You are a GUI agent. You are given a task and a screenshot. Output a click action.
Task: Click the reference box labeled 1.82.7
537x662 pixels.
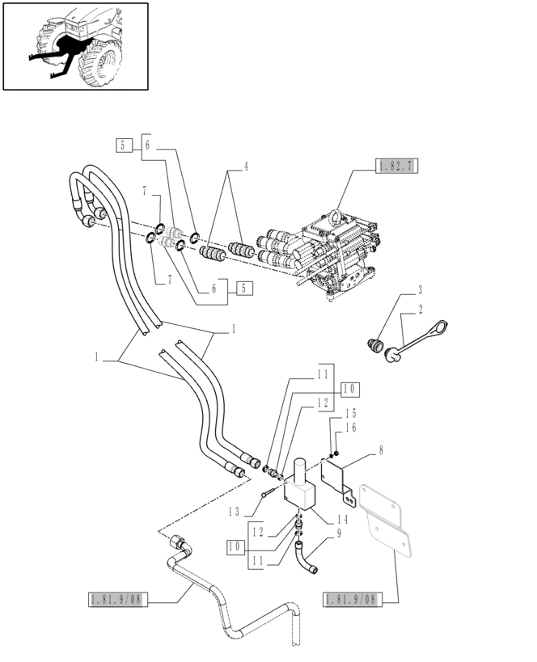click(396, 167)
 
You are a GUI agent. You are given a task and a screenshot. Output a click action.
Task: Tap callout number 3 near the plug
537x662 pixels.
click(421, 290)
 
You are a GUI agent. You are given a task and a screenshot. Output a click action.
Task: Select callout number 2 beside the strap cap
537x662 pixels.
click(421, 309)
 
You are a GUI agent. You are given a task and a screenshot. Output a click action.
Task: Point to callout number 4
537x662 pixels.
click(246, 167)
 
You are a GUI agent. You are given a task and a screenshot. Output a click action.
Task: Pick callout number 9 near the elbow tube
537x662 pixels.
click(338, 533)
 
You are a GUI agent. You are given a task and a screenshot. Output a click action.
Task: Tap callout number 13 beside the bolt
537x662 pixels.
click(234, 511)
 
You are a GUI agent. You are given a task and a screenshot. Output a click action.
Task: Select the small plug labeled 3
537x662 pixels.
click(374, 346)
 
